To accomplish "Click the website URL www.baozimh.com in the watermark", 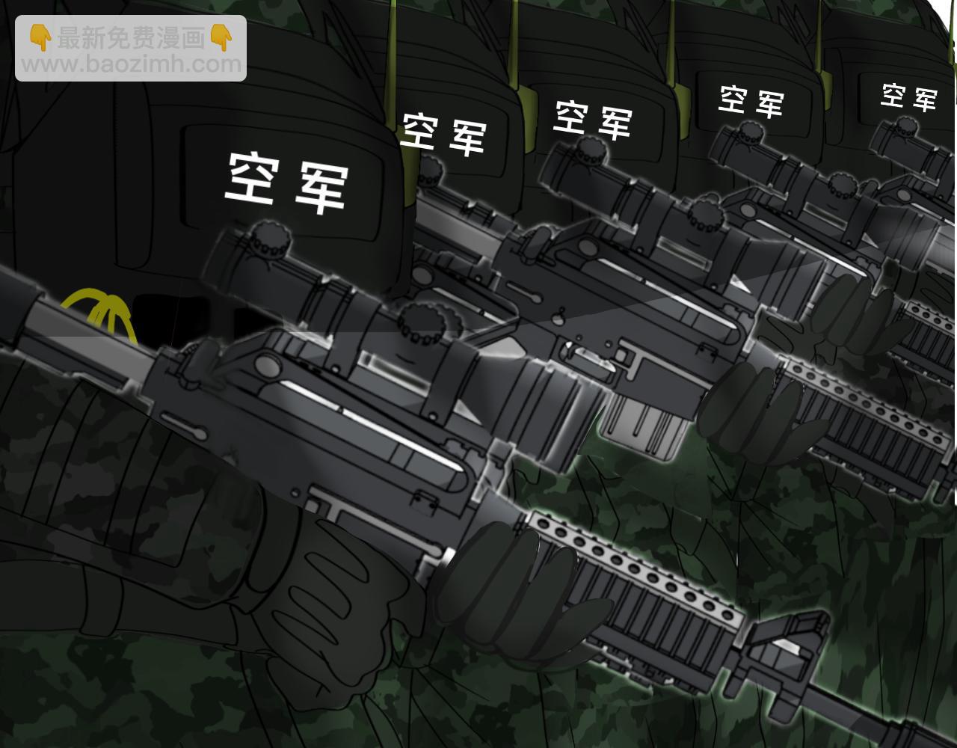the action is (x=132, y=64).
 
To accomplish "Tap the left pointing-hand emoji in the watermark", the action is (x=40, y=38).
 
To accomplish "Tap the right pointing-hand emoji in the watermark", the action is (x=221, y=38).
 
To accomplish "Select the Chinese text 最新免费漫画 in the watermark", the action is (x=131, y=38).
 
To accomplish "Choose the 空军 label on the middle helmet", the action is (x=592, y=120).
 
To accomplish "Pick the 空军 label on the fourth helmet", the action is (x=751, y=101).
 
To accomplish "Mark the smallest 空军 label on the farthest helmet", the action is (x=908, y=97).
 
